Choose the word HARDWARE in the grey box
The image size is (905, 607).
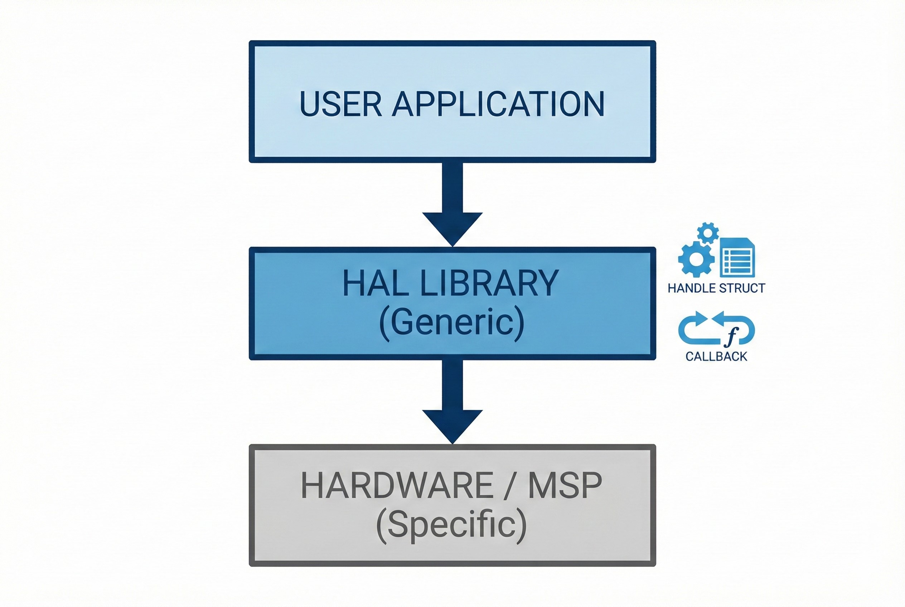(397, 485)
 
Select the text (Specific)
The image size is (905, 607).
(451, 525)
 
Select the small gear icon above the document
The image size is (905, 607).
(708, 233)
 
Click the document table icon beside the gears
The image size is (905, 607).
(737, 258)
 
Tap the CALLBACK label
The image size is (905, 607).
(716, 356)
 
